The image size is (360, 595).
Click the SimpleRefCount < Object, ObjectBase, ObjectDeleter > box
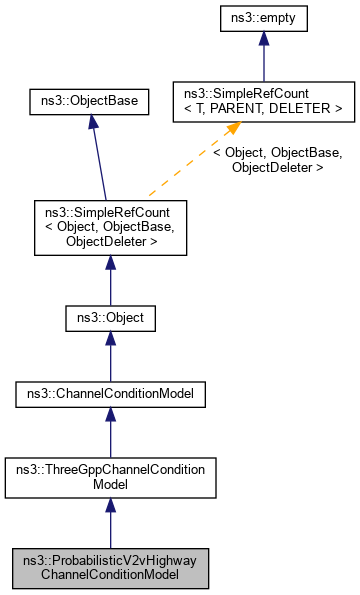coord(110,226)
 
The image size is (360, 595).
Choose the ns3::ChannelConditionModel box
coord(110,396)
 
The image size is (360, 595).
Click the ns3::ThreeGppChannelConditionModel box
coord(110,476)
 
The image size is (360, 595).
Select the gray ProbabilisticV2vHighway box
coord(110,566)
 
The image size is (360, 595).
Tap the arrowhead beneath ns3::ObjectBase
coord(91,121)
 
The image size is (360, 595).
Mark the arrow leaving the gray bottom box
coord(110,522)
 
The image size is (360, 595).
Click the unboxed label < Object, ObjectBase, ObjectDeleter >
coord(277,160)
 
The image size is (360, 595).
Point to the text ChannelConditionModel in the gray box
coord(110,574)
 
